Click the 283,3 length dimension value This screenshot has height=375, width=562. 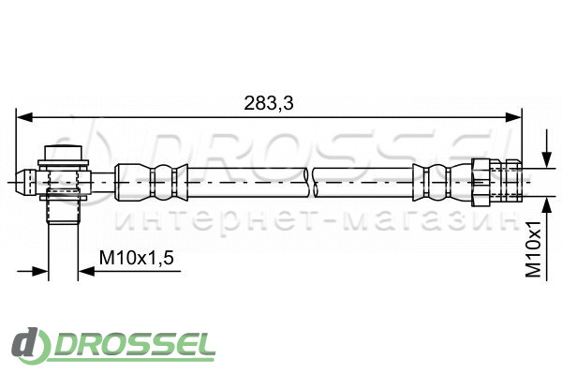click(x=269, y=103)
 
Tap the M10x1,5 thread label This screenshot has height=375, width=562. click(x=137, y=258)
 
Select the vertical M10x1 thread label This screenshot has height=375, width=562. click(x=533, y=248)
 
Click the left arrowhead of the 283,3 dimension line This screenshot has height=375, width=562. click(x=24, y=117)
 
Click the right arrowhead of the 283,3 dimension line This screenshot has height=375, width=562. click(x=513, y=117)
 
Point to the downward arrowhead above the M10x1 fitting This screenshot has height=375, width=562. click(x=547, y=159)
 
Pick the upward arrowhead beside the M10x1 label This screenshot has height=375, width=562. click(x=547, y=205)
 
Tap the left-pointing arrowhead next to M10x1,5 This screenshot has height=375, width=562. click(x=86, y=271)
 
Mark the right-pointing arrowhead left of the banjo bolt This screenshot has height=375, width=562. click(x=39, y=271)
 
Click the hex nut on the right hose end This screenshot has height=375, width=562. click(x=481, y=182)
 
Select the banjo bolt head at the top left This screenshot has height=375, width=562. click(x=63, y=153)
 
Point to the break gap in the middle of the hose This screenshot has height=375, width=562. click(x=310, y=182)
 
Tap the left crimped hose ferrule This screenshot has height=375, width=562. click(x=151, y=182)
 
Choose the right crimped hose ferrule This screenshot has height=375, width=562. click(x=442, y=182)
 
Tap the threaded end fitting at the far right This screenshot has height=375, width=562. click(x=506, y=182)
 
